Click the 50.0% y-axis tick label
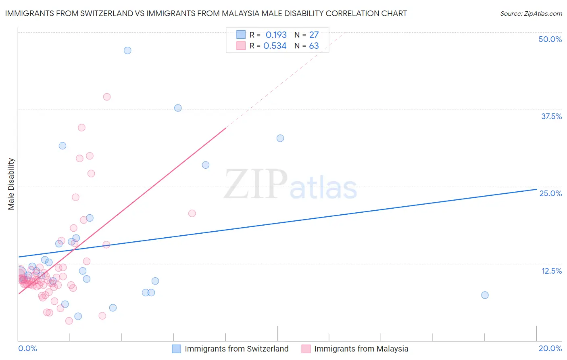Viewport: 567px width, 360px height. click(x=550, y=39)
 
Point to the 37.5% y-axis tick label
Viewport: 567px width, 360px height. click(x=551, y=116)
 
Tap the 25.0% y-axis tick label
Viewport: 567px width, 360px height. click(x=550, y=193)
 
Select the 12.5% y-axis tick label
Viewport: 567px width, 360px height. click(x=551, y=271)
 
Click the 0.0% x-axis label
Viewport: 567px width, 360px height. click(x=27, y=348)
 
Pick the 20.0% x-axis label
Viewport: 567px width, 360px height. click(x=550, y=348)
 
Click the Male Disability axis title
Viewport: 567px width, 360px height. click(x=11, y=184)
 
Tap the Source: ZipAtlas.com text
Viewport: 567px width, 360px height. click(x=531, y=13)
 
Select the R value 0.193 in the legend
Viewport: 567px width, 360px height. click(x=276, y=35)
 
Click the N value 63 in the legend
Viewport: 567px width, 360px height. click(x=314, y=46)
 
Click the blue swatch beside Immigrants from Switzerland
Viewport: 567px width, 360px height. click(x=177, y=349)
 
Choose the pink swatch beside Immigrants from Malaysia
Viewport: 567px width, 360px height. click(x=306, y=349)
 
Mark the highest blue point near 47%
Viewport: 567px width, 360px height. click(x=127, y=50)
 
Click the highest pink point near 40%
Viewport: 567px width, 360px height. click(x=107, y=97)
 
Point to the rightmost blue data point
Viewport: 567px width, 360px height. click(x=485, y=295)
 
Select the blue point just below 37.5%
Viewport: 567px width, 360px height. click(x=178, y=108)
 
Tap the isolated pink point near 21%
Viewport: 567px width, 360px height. click(x=192, y=213)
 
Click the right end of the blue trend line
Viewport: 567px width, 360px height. click(x=536, y=189)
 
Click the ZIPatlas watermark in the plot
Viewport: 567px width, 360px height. click(x=290, y=185)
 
